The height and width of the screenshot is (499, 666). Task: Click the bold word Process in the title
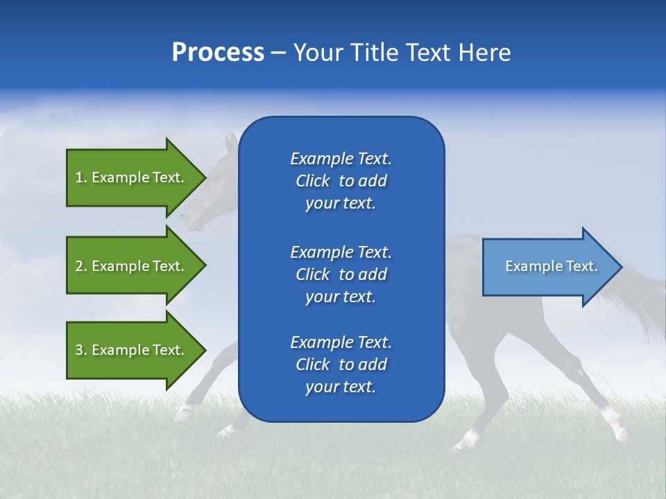[218, 53]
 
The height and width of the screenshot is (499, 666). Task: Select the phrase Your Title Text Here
[402, 53]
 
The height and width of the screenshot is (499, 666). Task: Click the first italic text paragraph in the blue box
[341, 181]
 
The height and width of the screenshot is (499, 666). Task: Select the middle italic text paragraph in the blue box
[341, 274]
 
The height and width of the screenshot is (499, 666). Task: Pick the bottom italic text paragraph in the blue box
[341, 365]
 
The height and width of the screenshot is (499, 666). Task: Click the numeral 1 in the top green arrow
[79, 177]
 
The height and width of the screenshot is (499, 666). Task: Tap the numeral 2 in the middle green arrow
[79, 266]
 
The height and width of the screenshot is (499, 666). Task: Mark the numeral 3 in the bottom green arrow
[79, 350]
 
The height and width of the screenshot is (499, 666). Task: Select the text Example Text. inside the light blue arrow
[552, 266]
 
